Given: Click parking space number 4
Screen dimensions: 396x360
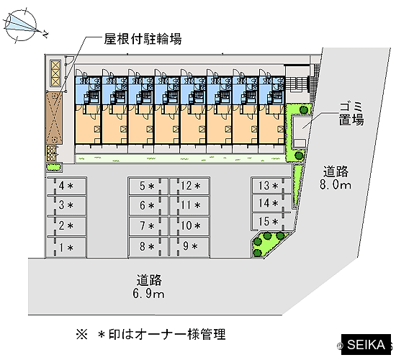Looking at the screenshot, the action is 66,186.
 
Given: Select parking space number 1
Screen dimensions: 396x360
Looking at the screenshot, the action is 66,248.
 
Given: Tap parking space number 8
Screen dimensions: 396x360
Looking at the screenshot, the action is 148,247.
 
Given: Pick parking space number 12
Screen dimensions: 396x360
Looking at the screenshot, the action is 189,186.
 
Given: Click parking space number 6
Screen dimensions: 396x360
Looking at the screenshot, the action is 148,206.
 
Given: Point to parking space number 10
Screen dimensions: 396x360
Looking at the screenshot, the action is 189,226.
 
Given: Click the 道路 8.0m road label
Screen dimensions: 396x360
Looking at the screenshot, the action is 336,178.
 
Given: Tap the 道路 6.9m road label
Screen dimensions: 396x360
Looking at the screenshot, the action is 148,287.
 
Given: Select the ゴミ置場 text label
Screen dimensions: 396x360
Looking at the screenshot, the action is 351,114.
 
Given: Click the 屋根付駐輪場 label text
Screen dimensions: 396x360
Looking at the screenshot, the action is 143,39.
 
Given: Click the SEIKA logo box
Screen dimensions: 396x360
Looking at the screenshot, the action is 366,345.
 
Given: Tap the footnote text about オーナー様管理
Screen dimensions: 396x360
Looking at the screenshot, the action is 150,334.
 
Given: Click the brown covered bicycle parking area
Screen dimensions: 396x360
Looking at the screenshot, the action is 54,118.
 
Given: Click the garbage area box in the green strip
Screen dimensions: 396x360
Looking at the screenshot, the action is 301,132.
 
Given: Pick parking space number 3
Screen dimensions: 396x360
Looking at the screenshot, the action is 66,205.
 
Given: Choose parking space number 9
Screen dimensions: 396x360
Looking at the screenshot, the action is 189,246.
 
